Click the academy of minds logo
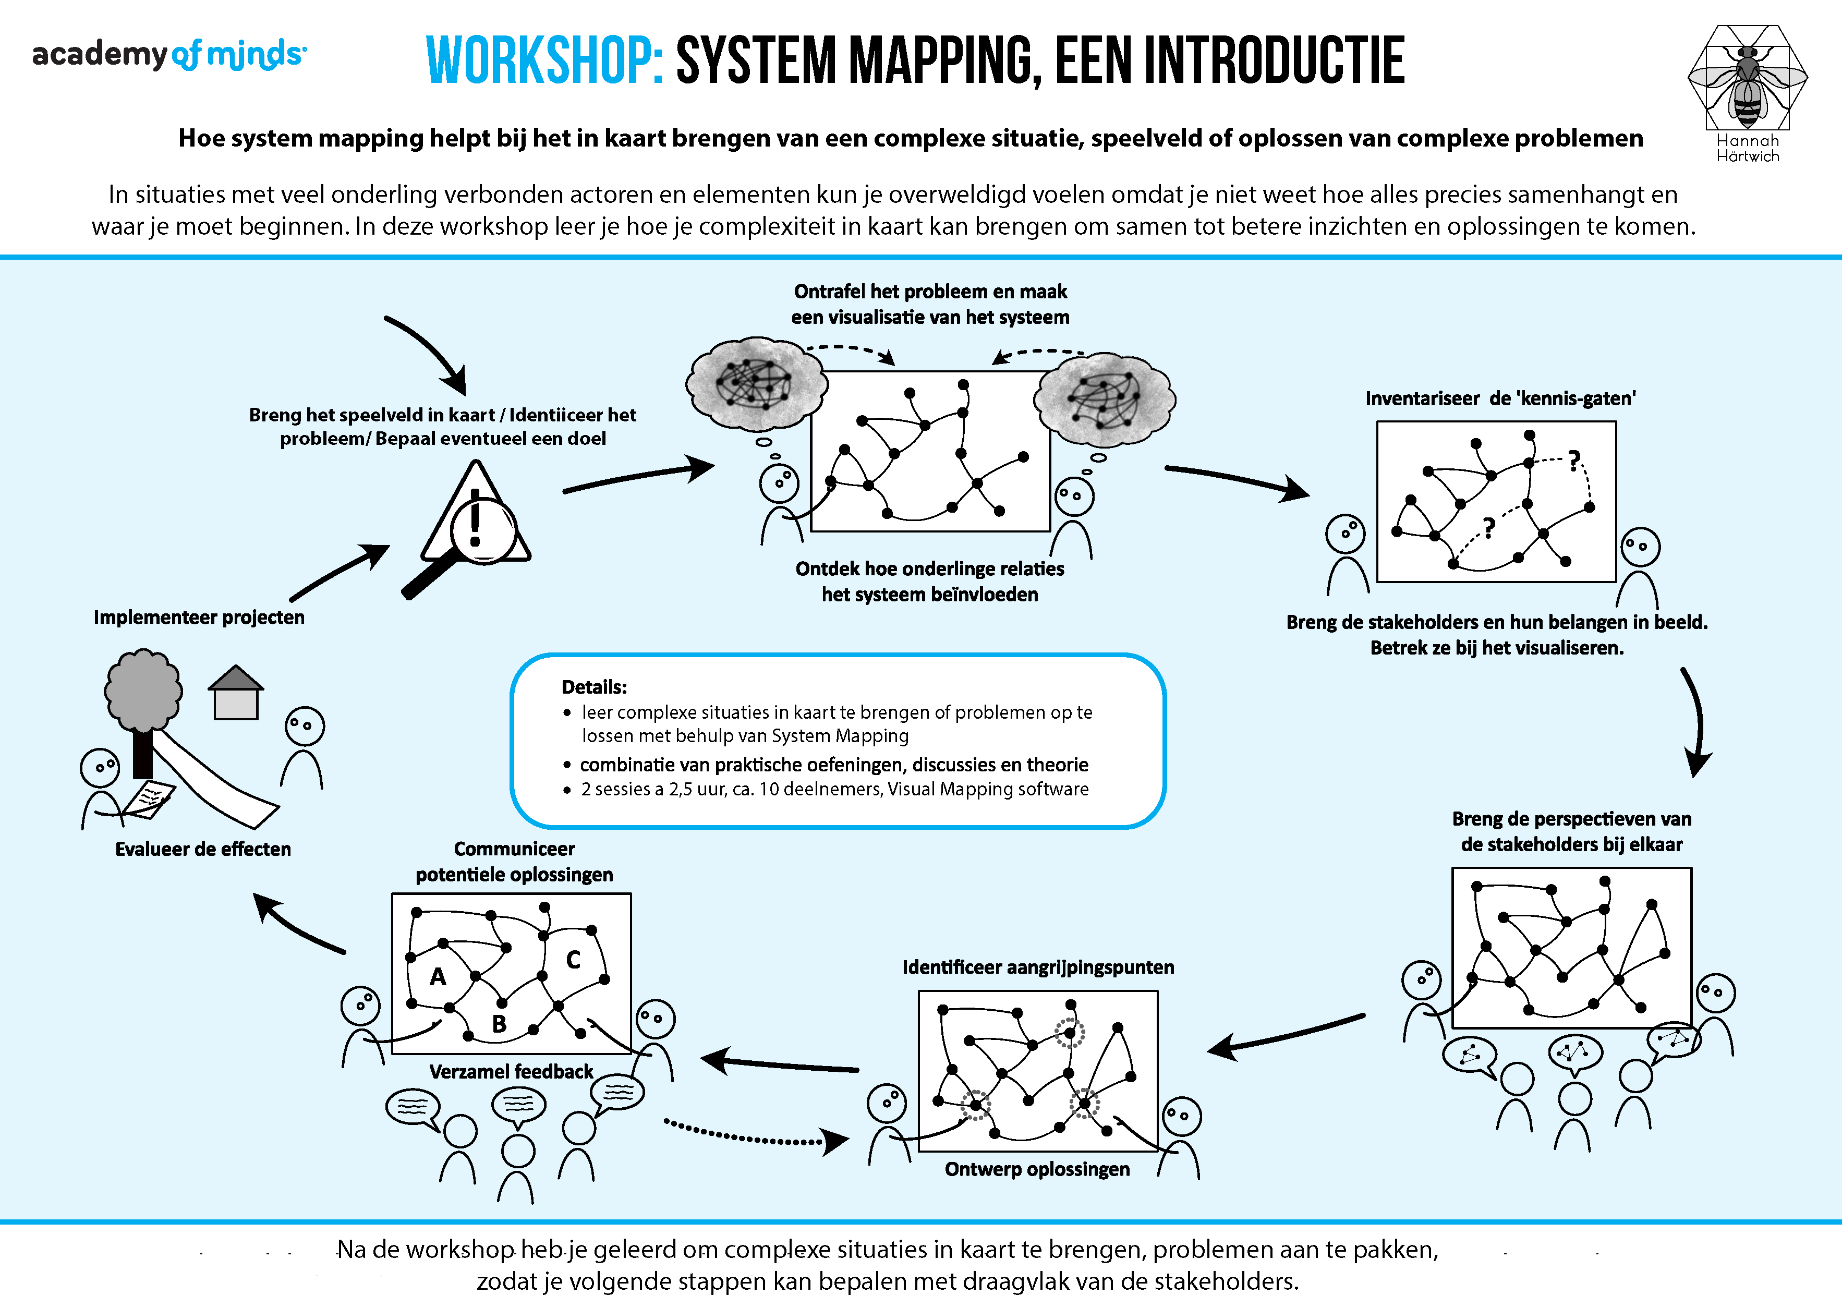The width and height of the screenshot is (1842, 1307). [169, 55]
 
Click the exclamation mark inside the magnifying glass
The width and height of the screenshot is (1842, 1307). [476, 523]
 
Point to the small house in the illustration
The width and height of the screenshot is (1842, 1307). [236, 694]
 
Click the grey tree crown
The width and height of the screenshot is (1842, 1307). [143, 689]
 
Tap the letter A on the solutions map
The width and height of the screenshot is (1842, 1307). [438, 977]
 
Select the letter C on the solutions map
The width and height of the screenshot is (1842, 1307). [573, 959]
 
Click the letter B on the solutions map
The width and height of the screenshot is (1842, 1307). [499, 1024]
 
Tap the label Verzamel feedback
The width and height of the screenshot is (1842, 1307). [511, 1072]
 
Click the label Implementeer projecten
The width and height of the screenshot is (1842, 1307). [199, 618]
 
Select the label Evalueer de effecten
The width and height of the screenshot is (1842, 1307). [203, 849]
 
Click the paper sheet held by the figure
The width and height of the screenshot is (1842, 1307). [151, 798]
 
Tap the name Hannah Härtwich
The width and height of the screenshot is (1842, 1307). [1747, 148]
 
